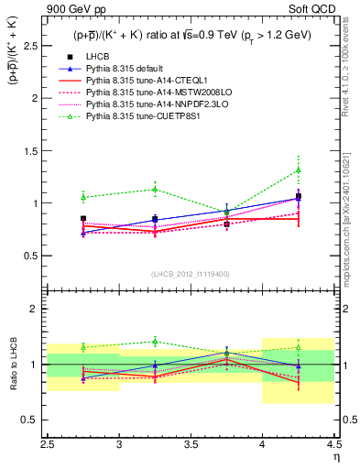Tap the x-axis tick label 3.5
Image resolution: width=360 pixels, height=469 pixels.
(191, 446)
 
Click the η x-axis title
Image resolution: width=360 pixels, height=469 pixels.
(335, 458)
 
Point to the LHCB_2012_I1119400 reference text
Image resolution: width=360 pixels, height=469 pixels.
(191, 274)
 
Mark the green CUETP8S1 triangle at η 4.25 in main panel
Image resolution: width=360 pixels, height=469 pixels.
(298, 169)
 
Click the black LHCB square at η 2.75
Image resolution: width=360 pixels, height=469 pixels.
(83, 219)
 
